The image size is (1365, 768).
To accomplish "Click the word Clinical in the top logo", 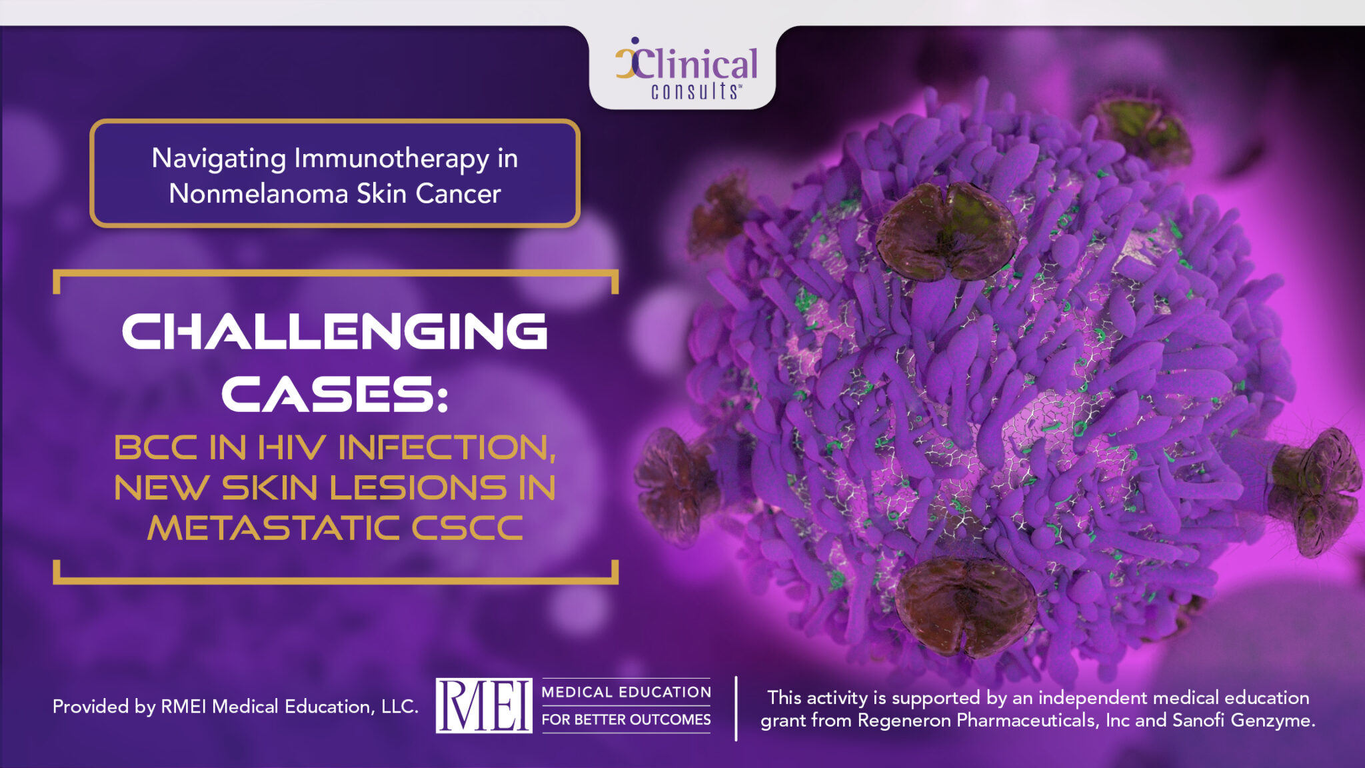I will [x=697, y=65].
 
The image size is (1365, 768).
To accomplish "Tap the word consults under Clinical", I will [x=694, y=91].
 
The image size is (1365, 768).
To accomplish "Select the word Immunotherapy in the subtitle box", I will [x=391, y=159].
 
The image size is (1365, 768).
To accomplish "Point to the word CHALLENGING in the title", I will [x=335, y=331].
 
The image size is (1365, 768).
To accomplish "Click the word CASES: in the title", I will [x=335, y=394].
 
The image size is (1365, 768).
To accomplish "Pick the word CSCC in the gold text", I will [x=467, y=529].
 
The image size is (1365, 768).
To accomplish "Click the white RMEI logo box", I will [x=484, y=705].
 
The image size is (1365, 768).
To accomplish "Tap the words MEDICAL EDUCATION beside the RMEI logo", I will [x=626, y=692].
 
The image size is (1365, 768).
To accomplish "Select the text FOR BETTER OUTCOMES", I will [x=626, y=720].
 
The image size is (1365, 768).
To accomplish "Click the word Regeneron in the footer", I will [x=904, y=721].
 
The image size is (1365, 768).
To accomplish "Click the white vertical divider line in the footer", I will [x=736, y=708].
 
